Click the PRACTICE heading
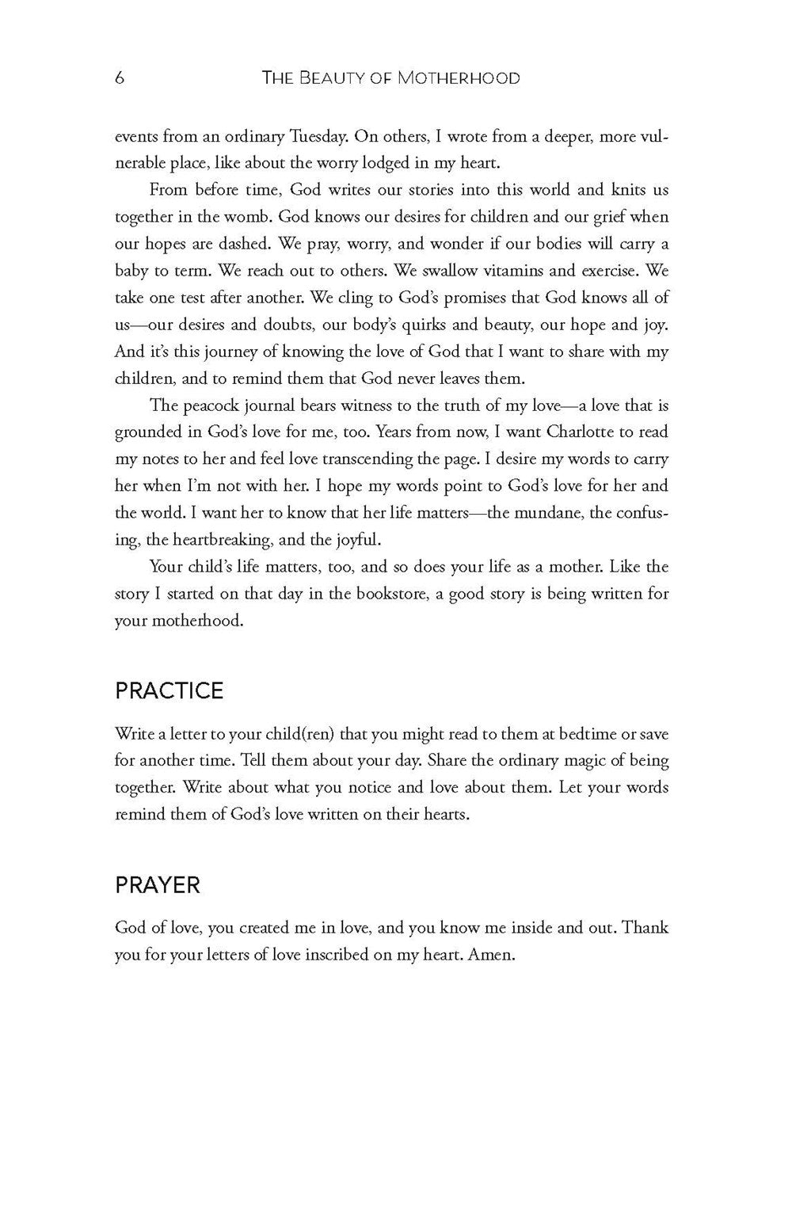click(x=169, y=690)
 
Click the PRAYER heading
click(x=158, y=884)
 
